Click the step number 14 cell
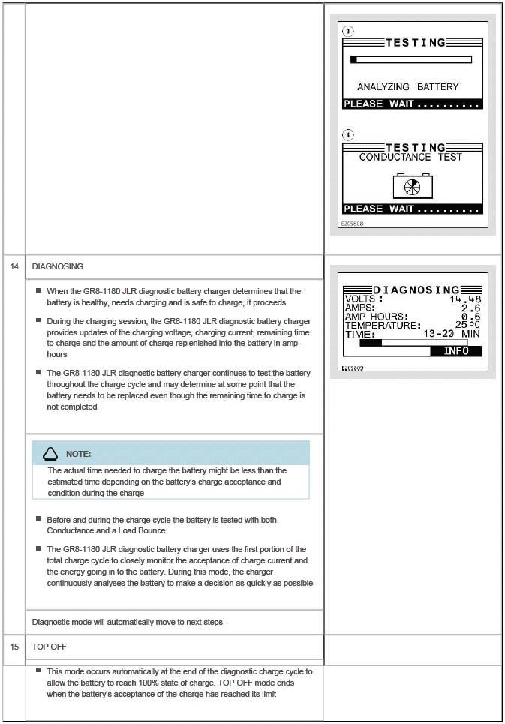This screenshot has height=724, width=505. coord(14,266)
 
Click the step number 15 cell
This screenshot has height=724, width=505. coord(14,646)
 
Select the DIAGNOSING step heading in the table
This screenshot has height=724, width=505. coord(58,266)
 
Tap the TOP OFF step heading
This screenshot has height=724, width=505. coord(50,646)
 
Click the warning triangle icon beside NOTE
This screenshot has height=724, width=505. coord(50,453)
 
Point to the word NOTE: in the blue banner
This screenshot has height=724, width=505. coord(79,454)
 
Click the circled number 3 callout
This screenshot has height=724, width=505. coord(347,32)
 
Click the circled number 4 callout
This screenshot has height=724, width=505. coord(347,135)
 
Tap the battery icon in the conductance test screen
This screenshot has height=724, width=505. coord(413,186)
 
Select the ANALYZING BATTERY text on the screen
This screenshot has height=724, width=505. coord(407,87)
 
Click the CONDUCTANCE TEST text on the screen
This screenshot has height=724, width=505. coord(410,157)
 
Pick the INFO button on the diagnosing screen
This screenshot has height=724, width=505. coord(456,350)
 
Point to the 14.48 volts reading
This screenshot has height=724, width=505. coord(466,299)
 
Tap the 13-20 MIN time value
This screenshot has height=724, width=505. coord(452,334)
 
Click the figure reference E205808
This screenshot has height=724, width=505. coord(352,224)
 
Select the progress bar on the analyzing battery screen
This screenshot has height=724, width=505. coord(410,59)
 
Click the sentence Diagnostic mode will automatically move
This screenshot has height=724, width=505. coord(127,622)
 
